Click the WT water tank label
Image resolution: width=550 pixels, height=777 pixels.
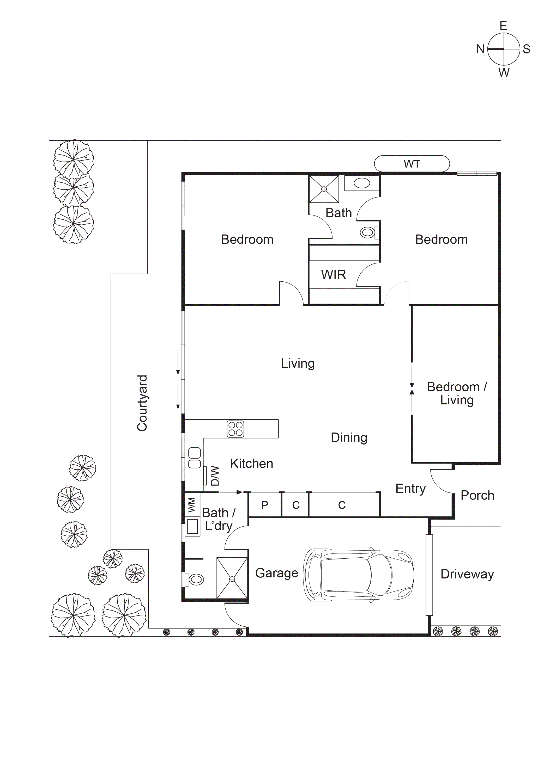pos(412,164)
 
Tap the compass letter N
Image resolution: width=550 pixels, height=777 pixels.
pos(480,49)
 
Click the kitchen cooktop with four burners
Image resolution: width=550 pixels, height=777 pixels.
pos(235,429)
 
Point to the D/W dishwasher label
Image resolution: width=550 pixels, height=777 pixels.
pos(215,476)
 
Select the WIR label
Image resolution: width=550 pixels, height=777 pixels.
pos(333,274)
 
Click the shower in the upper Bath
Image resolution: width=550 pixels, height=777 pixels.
pos(324,189)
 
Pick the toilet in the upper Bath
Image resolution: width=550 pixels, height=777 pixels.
pos(368,232)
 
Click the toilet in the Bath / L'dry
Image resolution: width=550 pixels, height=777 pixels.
pos(195,579)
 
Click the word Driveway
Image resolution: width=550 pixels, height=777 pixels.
pos(467,574)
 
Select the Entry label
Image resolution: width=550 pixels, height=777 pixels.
pos(410,489)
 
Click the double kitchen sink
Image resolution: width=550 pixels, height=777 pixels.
pos(194,458)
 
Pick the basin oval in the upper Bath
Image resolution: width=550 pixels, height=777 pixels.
pos(362,183)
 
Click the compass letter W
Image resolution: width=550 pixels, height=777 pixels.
pos(504,73)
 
